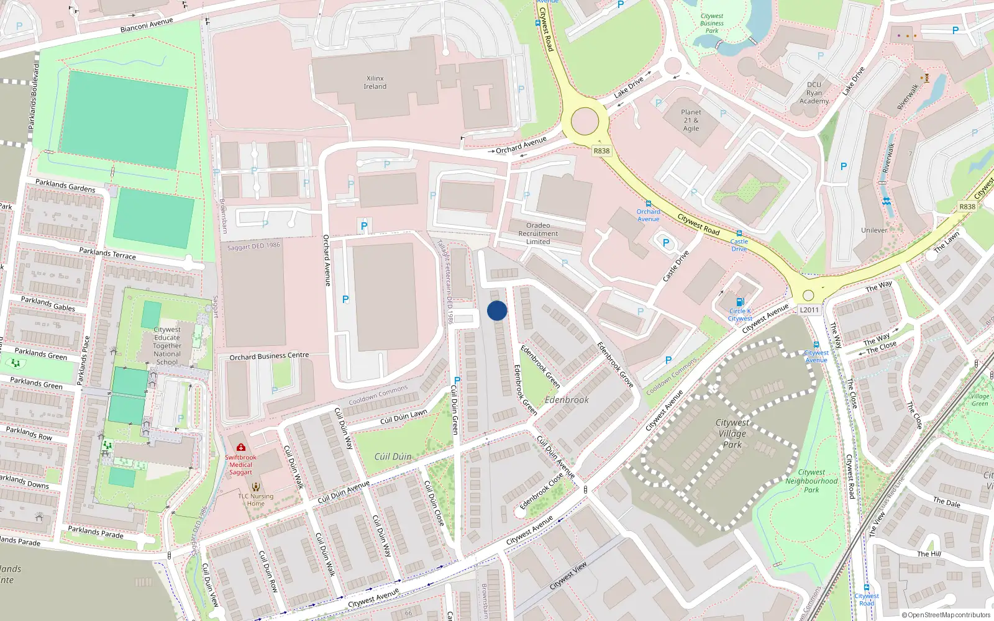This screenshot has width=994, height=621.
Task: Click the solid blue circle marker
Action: tap(497, 310)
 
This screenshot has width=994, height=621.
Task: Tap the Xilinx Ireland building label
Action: tap(375, 83)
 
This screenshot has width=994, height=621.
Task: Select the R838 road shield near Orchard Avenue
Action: tap(601, 151)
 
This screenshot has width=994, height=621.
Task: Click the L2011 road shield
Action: tap(809, 310)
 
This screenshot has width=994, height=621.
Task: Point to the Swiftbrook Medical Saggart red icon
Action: tap(241, 447)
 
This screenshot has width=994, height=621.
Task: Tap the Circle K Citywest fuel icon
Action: tap(740, 302)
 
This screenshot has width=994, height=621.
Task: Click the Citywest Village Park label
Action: tap(732, 433)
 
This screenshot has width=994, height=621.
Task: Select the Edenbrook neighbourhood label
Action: tap(567, 400)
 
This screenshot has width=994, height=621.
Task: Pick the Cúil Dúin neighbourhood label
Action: tap(393, 456)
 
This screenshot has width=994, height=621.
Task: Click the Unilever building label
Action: tap(874, 230)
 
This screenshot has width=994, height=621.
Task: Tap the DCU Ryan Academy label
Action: tap(814, 93)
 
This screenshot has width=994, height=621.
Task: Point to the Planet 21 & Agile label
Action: tap(691, 120)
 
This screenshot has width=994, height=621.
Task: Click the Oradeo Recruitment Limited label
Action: tap(538, 233)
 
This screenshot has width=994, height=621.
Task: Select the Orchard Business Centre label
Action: tap(269, 356)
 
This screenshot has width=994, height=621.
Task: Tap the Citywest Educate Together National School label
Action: tap(167, 346)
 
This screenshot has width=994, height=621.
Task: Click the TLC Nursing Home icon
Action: tap(255, 487)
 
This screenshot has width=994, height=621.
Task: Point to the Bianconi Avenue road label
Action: tap(147, 25)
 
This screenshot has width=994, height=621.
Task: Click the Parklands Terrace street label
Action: tap(107, 253)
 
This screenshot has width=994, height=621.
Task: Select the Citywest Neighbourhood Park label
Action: tap(811, 481)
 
